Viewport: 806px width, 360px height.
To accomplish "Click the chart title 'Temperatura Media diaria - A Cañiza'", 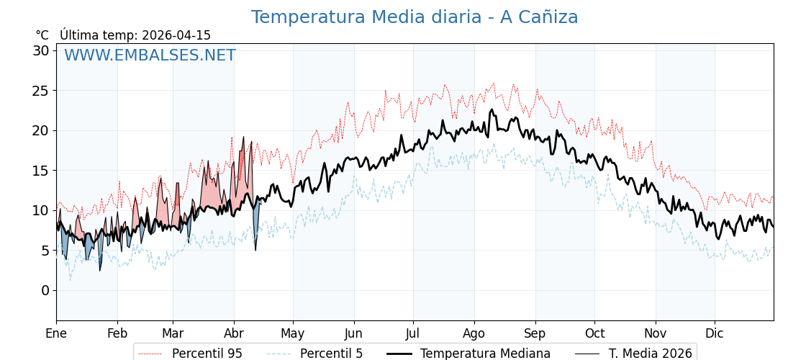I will [414, 17].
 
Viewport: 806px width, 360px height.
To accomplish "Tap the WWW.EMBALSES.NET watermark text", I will [150, 55].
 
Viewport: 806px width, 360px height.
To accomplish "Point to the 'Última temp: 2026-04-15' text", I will [135, 35].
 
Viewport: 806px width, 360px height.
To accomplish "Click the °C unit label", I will [42, 35].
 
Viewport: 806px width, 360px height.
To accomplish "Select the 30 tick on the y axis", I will [41, 50].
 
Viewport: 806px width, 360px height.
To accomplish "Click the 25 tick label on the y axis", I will [41, 91].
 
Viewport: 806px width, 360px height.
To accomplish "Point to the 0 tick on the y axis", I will [45, 290].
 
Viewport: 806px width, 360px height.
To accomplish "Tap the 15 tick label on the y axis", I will [41, 171].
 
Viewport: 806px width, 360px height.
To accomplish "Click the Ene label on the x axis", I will [56, 333].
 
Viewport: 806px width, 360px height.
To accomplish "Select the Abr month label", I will [234, 333].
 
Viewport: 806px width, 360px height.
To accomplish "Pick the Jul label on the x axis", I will [413, 333].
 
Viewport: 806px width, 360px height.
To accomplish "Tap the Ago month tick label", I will [474, 333].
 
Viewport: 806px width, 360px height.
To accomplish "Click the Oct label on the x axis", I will [594, 333].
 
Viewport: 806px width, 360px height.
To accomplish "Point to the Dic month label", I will [715, 333].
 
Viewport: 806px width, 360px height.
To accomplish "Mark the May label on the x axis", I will [293, 333].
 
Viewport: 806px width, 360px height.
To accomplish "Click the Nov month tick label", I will [656, 333].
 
